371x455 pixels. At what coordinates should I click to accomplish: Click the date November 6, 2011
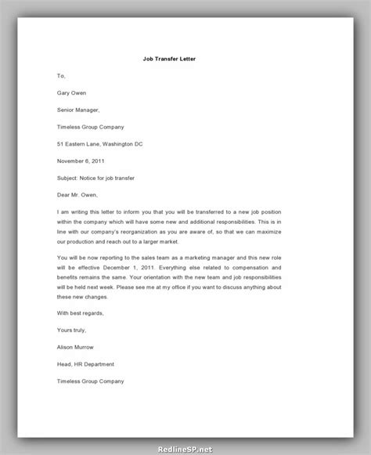point(81,161)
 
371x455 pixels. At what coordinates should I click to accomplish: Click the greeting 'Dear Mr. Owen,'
point(79,196)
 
